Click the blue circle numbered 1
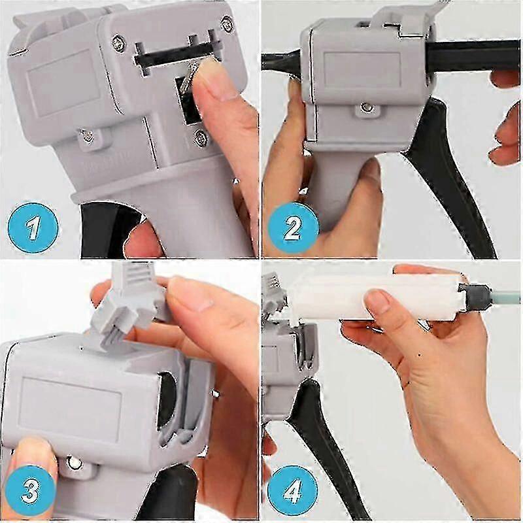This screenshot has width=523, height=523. pyautogui.click(x=32, y=228)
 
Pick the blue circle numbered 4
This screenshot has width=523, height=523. pyautogui.click(x=292, y=491)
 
